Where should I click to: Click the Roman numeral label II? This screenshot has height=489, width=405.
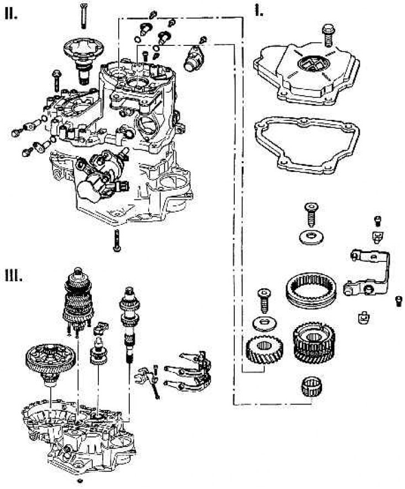pyautogui.click(x=12, y=14)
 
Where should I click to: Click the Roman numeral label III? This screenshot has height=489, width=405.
pyautogui.click(x=13, y=275)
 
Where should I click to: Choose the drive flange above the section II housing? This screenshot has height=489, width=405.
pyautogui.click(x=86, y=56)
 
